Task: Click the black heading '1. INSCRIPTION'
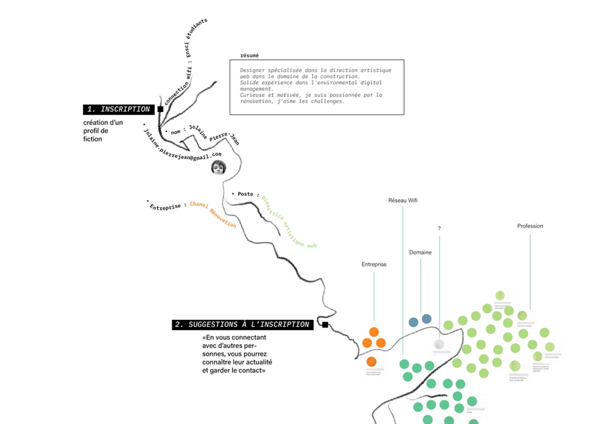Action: pos(119,109)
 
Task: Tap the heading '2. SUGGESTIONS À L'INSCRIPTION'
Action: pos(243,325)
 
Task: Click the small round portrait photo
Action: pos(218,167)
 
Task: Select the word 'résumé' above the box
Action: pos(249,56)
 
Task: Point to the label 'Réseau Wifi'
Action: pos(403,201)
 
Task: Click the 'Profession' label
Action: pos(530,226)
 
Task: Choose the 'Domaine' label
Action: pos(420,253)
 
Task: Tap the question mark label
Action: pos(440,229)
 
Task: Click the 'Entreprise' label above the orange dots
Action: pos(374,264)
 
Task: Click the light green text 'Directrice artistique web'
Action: pos(288,222)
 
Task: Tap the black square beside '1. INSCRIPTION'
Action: pos(160,109)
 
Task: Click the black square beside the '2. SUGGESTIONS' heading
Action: pos(324,325)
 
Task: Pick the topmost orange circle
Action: pos(374,331)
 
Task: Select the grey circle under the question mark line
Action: pos(439,344)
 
